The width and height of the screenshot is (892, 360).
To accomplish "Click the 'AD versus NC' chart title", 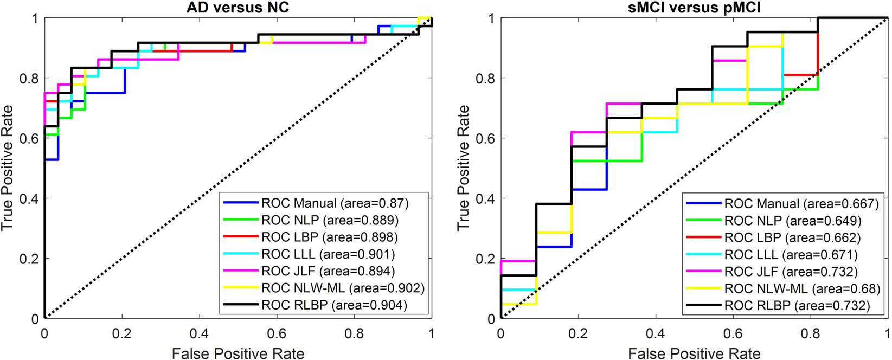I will click(x=238, y=7).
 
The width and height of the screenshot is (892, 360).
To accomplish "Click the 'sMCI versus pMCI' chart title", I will click(x=694, y=7).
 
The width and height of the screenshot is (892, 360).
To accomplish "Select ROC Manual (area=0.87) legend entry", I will click(x=335, y=203).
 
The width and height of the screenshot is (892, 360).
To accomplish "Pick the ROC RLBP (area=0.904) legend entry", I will click(x=334, y=305).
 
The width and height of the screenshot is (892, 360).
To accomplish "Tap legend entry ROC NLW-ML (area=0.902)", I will click(x=343, y=288).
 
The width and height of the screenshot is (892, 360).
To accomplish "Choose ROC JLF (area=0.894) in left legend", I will click(x=328, y=271).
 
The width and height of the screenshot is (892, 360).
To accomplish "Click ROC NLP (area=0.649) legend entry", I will click(x=793, y=221).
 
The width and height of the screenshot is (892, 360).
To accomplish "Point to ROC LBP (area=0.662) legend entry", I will click(x=792, y=237).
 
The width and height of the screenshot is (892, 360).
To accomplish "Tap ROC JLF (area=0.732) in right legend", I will click(x=791, y=272).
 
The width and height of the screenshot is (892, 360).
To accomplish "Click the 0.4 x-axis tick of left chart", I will click(x=199, y=333).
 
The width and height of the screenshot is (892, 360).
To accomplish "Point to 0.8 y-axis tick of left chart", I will click(x=29, y=79).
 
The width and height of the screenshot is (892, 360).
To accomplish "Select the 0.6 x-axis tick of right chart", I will click(x=733, y=333).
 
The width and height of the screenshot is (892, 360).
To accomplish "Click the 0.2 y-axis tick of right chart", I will click(x=485, y=259).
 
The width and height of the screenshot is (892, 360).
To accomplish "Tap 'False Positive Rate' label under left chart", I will click(x=238, y=353).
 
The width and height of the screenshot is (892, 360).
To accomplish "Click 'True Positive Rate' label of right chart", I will click(x=463, y=168).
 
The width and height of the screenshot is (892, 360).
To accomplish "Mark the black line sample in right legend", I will click(x=703, y=305).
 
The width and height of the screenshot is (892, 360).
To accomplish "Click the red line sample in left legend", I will click(x=240, y=237).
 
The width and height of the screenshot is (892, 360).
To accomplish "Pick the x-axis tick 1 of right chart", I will click(x=888, y=333).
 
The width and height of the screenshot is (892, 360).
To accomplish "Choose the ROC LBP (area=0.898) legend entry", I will click(x=329, y=237).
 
